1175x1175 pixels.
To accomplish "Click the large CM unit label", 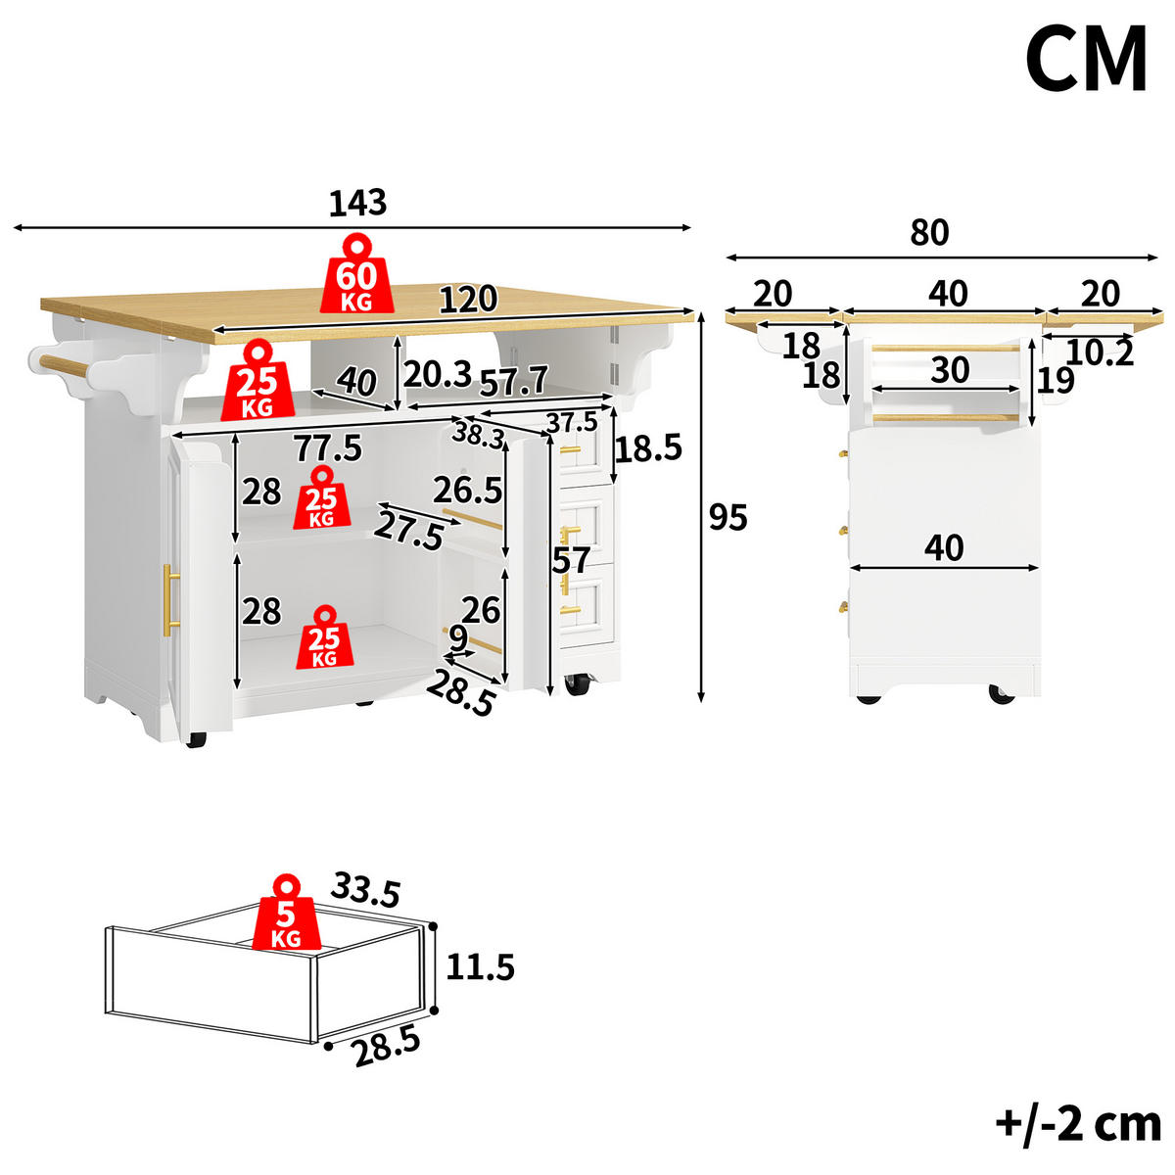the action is [x=1086, y=59].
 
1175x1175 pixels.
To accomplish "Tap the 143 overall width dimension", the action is [x=358, y=203].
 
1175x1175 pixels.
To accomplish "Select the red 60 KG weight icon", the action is [x=356, y=274].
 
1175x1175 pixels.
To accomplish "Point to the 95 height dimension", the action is [x=728, y=518].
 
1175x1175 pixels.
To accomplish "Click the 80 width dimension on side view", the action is [x=929, y=232].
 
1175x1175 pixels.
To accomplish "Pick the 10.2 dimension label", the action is [x=1101, y=352].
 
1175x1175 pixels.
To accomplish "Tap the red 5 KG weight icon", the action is [x=287, y=913].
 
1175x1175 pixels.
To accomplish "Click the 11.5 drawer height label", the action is [x=481, y=967].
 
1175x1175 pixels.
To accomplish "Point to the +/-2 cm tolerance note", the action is [x=1078, y=1124].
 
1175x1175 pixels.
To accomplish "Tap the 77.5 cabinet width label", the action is [x=329, y=448].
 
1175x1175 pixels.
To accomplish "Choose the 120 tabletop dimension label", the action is [x=468, y=300].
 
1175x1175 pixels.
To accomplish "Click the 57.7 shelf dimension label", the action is [x=514, y=382].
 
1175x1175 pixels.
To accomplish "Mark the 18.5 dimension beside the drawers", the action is [x=648, y=448].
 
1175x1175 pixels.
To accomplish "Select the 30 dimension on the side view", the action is [x=950, y=369].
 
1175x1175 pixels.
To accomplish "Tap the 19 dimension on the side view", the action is [x=1057, y=381].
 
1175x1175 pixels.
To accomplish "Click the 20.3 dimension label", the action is [x=438, y=374].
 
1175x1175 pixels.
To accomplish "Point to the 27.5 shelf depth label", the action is [x=408, y=531].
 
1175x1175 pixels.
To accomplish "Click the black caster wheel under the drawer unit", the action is [x=578, y=684].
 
